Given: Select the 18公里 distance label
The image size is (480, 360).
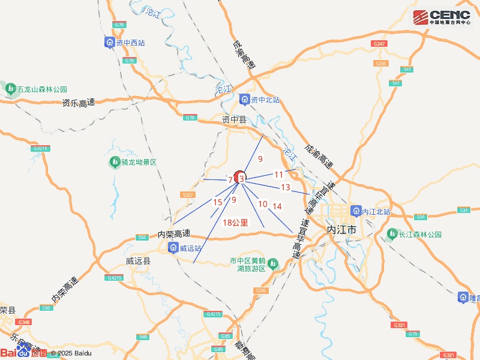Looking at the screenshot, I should click(x=235, y=223).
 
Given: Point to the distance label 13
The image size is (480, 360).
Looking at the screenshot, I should click(x=286, y=188).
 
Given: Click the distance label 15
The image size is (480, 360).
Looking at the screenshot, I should click(x=218, y=202).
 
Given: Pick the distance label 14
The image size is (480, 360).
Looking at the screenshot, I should click(x=277, y=206).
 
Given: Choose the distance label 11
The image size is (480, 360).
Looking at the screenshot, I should click(x=278, y=175).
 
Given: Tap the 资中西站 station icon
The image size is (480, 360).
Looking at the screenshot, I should click(x=109, y=43).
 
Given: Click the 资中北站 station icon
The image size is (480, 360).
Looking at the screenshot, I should click(x=244, y=100).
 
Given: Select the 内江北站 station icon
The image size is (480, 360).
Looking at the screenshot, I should click(x=356, y=212).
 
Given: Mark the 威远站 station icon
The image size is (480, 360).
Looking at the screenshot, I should click(x=173, y=248).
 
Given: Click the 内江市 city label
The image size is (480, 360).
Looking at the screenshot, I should click(x=339, y=230).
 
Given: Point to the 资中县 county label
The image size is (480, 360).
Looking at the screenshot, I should click(x=234, y=119).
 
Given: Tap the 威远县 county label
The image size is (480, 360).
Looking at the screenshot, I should click(x=139, y=262).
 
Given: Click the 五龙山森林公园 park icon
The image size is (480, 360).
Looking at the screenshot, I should click(x=10, y=89).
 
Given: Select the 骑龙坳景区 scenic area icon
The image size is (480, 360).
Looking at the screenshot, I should click(x=114, y=163).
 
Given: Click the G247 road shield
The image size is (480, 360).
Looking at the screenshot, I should click(x=379, y=44).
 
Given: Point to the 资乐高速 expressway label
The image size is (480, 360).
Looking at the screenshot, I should click(x=79, y=103).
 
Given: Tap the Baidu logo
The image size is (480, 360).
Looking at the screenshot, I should click(x=23, y=353).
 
